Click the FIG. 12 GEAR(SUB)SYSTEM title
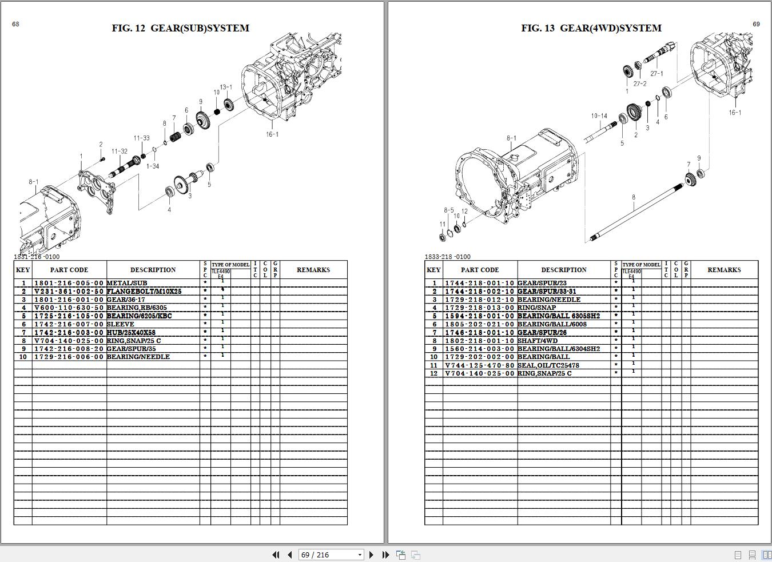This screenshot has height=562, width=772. pos(180,28)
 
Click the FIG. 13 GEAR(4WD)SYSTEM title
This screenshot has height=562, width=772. pos(591,28)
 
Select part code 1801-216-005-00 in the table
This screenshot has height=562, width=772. pos(69,283)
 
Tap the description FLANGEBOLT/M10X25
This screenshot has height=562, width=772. pos(144,291)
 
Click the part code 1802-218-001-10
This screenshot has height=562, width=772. pos(480,341)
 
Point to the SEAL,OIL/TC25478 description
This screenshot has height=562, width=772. pos(548,365)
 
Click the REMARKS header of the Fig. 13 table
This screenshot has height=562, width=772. pos(724,270)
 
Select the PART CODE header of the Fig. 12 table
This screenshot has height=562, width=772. pos(69,270)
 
